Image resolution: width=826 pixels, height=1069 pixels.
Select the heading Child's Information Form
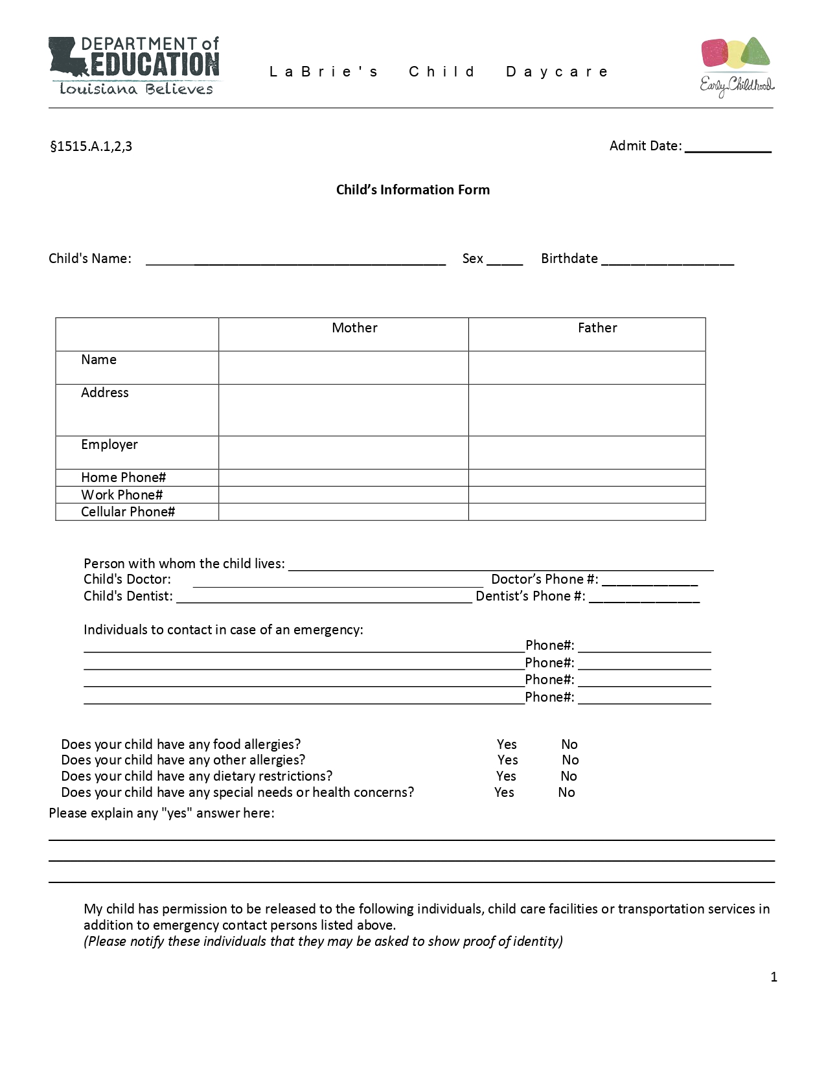pyautogui.click(x=413, y=190)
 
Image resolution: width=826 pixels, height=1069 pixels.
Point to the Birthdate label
pyautogui.click(x=569, y=259)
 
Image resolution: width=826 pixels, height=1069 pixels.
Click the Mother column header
pyautogui.click(x=354, y=328)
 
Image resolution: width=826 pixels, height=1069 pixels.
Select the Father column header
pyautogui.click(x=597, y=328)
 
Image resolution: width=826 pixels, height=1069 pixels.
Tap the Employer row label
pyautogui.click(x=109, y=444)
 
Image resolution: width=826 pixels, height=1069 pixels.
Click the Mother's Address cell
pyautogui.click(x=343, y=410)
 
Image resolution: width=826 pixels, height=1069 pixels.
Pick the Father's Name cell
pyautogui.click(x=587, y=368)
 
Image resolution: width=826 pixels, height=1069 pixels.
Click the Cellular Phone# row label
pyautogui.click(x=128, y=512)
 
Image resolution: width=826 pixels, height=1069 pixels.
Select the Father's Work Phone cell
pyautogui.click(x=587, y=495)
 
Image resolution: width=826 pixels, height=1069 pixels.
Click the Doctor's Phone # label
pyautogui.click(x=544, y=579)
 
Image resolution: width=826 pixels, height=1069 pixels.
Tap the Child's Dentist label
pyautogui.click(x=128, y=596)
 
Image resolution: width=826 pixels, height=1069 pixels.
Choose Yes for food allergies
pyautogui.click(x=507, y=744)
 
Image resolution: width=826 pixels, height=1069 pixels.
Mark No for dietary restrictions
pyautogui.click(x=569, y=776)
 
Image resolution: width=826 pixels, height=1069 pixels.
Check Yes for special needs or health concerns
pyautogui.click(x=504, y=792)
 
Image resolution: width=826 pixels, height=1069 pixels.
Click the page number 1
pyautogui.click(x=774, y=977)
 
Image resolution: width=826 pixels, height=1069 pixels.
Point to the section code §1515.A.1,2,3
pyautogui.click(x=91, y=146)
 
